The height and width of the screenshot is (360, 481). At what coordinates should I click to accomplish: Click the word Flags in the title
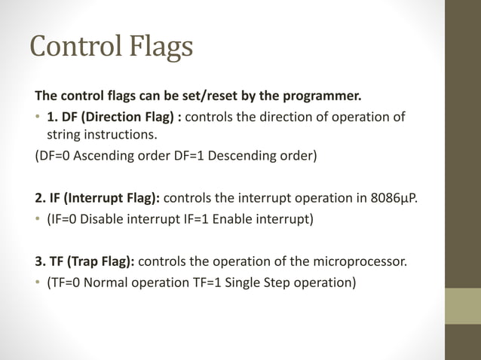(x=156, y=47)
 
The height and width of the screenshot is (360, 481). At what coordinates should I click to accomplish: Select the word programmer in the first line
(x=323, y=96)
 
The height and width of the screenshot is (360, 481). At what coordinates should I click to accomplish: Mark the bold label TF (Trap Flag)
(x=91, y=262)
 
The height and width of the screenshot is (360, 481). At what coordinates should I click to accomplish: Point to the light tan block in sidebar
(x=462, y=306)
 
